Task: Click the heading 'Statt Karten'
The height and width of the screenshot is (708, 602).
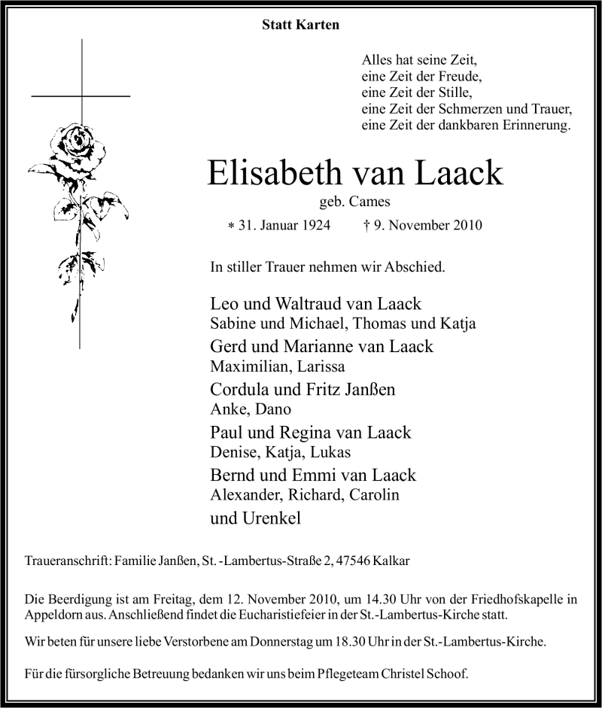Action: [x=300, y=25]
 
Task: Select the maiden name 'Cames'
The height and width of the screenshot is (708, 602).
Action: [x=375, y=202]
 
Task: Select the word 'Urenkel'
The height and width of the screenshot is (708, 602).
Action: [x=269, y=518]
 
